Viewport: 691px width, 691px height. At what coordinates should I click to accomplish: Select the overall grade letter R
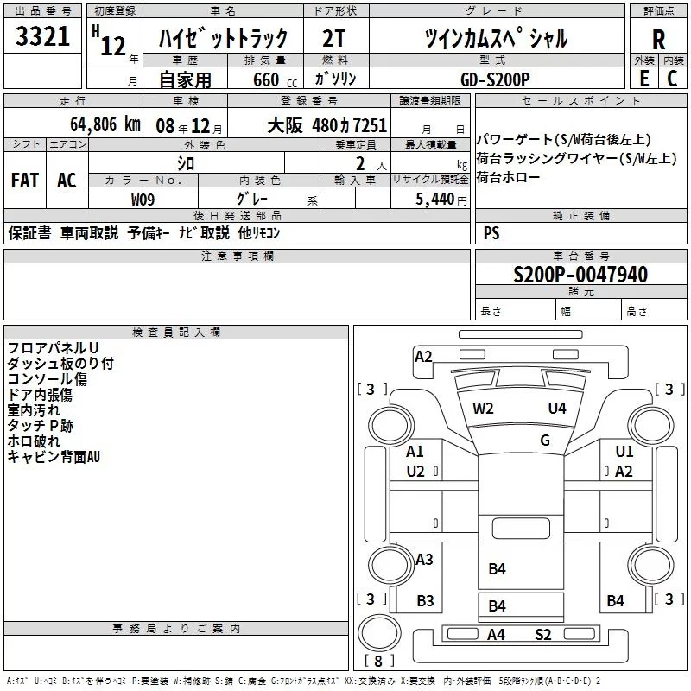point(659,40)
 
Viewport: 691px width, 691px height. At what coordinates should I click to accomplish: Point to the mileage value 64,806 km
point(96,124)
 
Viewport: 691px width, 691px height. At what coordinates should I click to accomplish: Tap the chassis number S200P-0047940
point(580,275)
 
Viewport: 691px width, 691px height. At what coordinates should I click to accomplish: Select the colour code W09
point(143,199)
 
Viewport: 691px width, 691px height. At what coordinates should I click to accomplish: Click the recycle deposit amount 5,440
point(437,199)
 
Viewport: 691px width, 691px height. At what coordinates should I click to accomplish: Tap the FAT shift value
point(25,180)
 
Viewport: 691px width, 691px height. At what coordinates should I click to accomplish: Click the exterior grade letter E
point(643,79)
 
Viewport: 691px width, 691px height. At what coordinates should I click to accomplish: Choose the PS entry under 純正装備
point(491,233)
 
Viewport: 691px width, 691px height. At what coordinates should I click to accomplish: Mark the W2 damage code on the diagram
point(483,408)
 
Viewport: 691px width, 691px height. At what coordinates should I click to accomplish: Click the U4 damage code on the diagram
point(557,408)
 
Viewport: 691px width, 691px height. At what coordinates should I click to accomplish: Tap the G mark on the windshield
point(545,440)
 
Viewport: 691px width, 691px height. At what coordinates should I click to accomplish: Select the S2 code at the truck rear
point(542,635)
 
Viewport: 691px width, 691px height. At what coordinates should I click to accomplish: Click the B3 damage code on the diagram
point(425,601)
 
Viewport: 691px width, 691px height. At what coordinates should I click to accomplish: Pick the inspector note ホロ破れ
point(34,441)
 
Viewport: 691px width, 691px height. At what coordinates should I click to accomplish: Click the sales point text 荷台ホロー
point(508,178)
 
